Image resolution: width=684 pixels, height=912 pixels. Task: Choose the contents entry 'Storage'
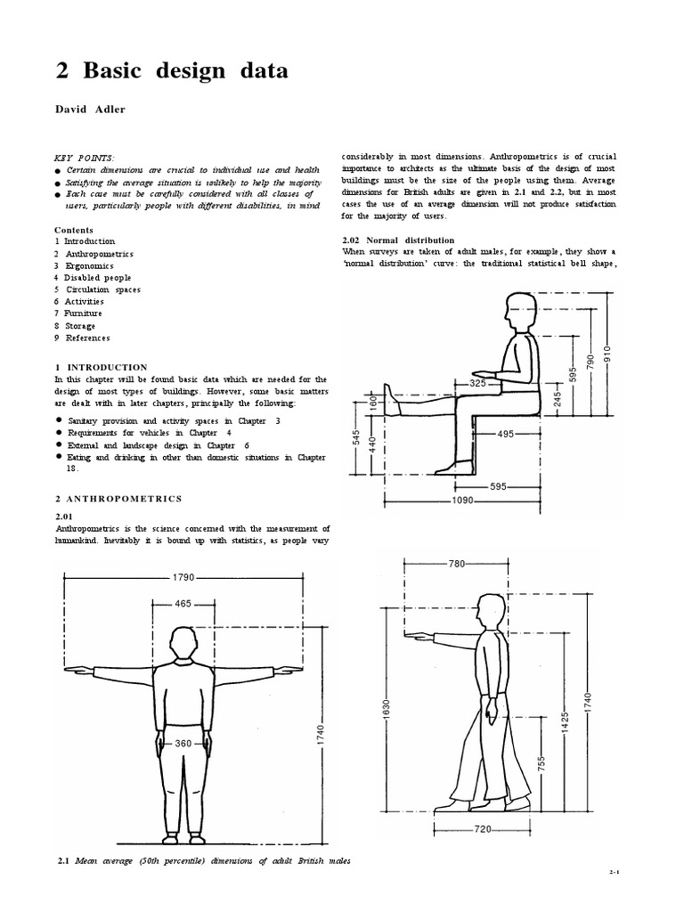(x=79, y=326)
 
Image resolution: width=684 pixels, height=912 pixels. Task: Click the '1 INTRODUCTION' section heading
(x=101, y=367)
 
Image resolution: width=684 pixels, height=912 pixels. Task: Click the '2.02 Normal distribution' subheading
(x=398, y=240)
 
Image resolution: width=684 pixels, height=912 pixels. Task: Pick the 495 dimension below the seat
(x=505, y=434)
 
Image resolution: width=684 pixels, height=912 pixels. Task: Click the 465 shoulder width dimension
(x=183, y=604)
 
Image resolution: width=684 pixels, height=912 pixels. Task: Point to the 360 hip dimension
(x=183, y=744)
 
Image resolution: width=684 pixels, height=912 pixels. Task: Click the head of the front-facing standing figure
(x=183, y=643)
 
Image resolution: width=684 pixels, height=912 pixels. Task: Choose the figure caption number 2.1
(x=63, y=860)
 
